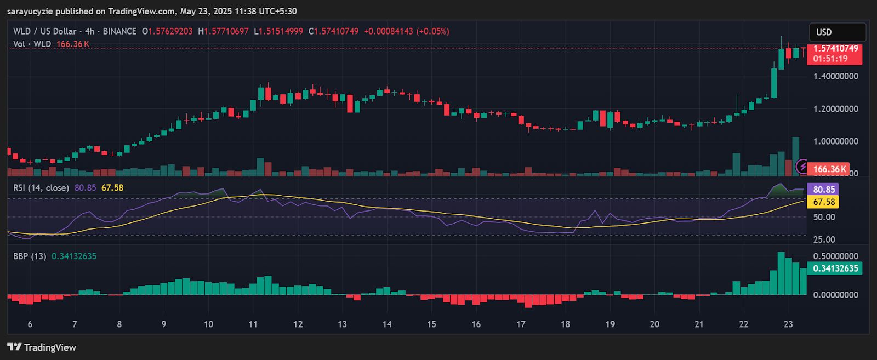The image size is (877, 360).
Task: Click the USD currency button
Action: pyautogui.click(x=837, y=32)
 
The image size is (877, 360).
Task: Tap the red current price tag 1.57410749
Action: pyautogui.click(x=834, y=54)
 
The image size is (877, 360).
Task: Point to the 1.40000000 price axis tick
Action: pyautogui.click(x=835, y=76)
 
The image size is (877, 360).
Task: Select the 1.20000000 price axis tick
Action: pyautogui.click(x=835, y=109)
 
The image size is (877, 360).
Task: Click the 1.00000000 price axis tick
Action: pyautogui.click(x=835, y=141)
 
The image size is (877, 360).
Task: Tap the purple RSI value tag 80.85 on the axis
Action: pyautogui.click(x=823, y=190)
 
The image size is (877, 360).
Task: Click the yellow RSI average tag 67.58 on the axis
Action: pyautogui.click(x=823, y=202)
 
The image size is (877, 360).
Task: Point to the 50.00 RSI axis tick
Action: pyautogui.click(x=824, y=217)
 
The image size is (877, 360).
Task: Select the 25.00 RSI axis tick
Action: pyautogui.click(x=824, y=239)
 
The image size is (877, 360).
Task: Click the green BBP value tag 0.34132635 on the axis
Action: pyautogui.click(x=835, y=268)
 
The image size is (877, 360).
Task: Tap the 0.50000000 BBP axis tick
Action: pyautogui.click(x=835, y=256)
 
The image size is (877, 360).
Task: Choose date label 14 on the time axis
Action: pyautogui.click(x=387, y=324)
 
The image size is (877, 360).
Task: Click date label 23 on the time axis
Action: pyautogui.click(x=788, y=324)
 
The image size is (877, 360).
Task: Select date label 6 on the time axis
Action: pyautogui.click(x=30, y=324)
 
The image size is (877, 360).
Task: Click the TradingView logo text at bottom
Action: pyautogui.click(x=42, y=347)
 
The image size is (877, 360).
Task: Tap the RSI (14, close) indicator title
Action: pyautogui.click(x=41, y=188)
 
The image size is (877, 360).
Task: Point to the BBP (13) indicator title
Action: pyautogui.click(x=30, y=256)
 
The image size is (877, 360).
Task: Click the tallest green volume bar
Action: pyautogui.click(x=795, y=156)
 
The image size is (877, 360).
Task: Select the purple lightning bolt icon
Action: pyautogui.click(x=803, y=166)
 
